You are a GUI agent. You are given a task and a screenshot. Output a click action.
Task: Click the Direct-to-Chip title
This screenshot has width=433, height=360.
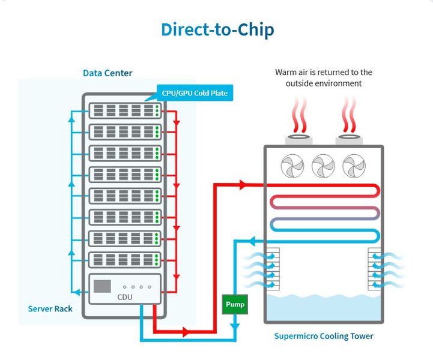pyautogui.click(x=217, y=29)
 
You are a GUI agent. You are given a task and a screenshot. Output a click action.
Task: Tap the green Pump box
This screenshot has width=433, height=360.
pyautogui.click(x=234, y=304)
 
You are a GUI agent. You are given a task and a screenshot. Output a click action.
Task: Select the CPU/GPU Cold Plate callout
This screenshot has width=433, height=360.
pyautogui.click(x=195, y=93)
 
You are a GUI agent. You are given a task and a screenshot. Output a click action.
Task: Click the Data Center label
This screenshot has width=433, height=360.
pyautogui.click(x=107, y=73)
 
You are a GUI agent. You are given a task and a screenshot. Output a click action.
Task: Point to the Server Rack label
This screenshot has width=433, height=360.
pyautogui.click(x=50, y=309)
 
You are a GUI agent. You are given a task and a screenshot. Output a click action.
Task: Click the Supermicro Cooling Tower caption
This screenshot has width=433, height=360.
pyautogui.click(x=323, y=336)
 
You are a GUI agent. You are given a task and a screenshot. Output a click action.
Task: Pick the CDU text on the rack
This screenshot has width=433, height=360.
pyautogui.click(x=126, y=297)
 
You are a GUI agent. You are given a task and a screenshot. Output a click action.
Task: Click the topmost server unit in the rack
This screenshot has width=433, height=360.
pyautogui.click(x=126, y=111)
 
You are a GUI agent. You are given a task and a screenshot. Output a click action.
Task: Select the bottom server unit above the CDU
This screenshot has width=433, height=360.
pyautogui.click(x=126, y=260)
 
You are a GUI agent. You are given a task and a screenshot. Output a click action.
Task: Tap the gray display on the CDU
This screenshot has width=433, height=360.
pyautogui.click(x=102, y=286)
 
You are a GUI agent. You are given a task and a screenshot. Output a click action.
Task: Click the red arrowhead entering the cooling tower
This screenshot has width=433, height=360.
pyautogui.click(x=243, y=185)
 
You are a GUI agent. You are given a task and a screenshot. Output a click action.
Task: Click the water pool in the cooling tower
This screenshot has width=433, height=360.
pyautogui.click(x=323, y=306)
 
